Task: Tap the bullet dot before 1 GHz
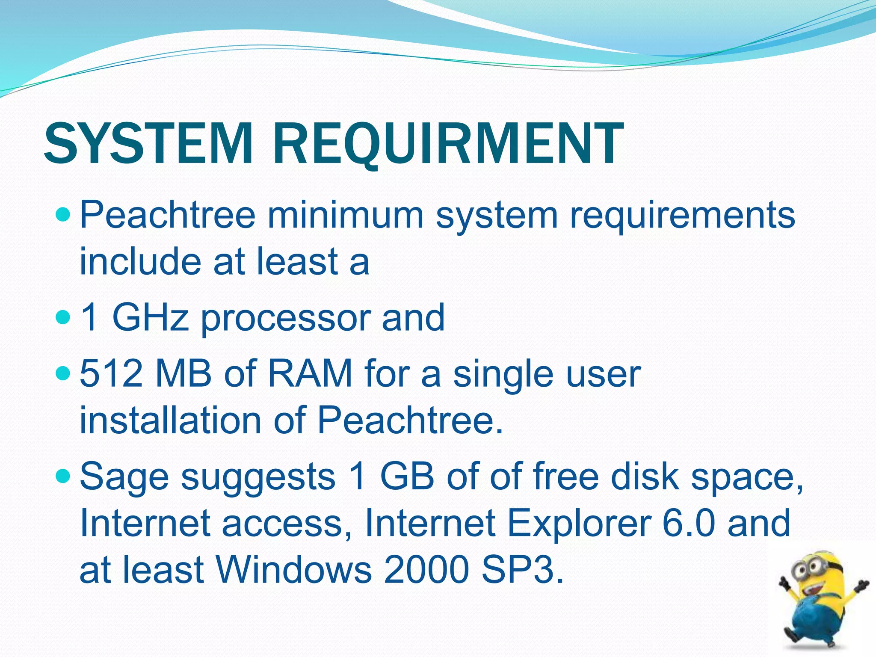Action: click(62, 317)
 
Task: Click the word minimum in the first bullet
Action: click(345, 215)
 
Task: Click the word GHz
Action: click(151, 317)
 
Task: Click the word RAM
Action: click(310, 373)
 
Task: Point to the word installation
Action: click(170, 420)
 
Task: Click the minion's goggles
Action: click(810, 568)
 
